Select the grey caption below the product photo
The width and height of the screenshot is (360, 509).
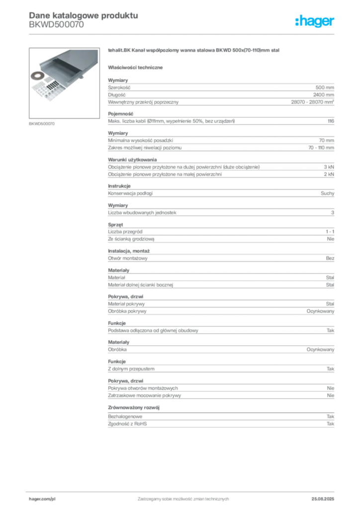tap(41, 123)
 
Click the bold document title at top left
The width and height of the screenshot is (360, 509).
tap(83, 14)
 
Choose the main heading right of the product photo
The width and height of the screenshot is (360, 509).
tap(194, 51)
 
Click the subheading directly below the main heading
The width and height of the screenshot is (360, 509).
tap(137, 67)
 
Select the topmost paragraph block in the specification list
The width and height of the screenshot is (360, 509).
tap(221, 92)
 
